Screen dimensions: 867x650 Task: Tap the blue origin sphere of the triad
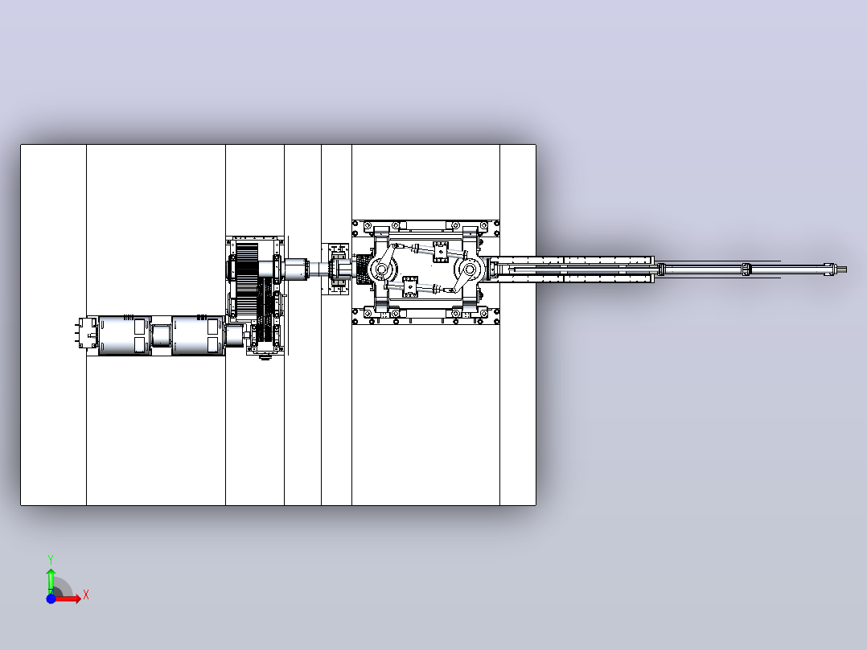click(x=51, y=599)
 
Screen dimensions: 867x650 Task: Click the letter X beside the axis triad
click(x=86, y=595)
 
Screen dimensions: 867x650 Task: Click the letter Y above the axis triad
click(x=51, y=559)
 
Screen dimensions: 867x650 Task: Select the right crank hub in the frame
click(x=470, y=269)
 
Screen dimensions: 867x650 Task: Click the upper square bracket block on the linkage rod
click(x=440, y=252)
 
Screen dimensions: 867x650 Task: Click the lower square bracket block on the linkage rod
click(x=409, y=286)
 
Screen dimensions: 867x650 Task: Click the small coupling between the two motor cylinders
click(x=161, y=335)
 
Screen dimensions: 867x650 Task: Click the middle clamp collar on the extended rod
click(x=746, y=269)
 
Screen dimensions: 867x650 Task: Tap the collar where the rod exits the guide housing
click(x=661, y=269)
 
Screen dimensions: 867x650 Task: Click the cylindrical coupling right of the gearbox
click(x=297, y=269)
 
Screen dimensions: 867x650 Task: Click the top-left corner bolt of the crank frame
click(x=355, y=224)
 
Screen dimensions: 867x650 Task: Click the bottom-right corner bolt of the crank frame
click(x=496, y=321)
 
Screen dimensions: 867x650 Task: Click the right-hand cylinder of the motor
click(x=197, y=335)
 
